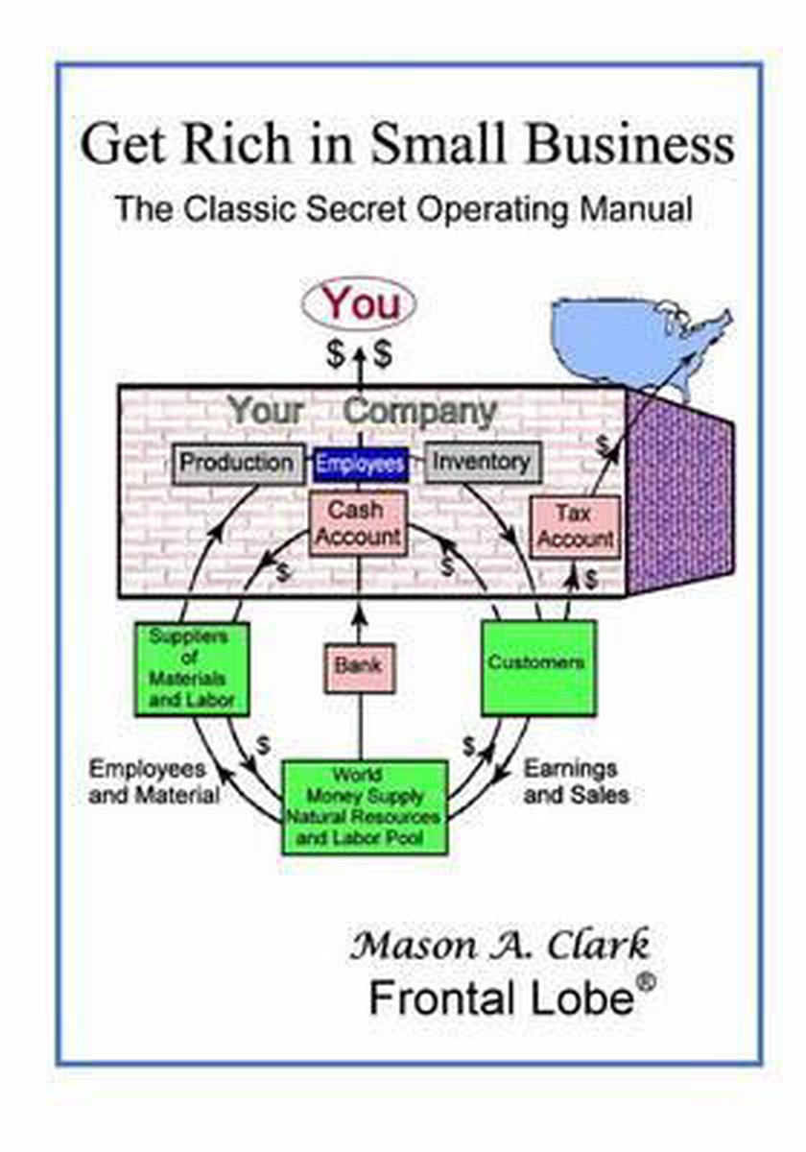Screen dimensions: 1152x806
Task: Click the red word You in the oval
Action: click(360, 305)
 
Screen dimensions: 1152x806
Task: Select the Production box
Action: click(236, 463)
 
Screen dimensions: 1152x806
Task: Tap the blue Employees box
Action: click(361, 465)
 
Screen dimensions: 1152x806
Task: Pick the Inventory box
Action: click(481, 463)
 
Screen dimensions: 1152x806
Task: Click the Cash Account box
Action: click(358, 523)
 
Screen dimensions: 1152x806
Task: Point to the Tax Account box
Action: click(574, 526)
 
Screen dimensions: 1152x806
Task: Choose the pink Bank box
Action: click(358, 662)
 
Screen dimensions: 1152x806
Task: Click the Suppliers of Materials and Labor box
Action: click(193, 667)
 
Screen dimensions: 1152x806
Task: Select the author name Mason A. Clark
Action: click(500, 946)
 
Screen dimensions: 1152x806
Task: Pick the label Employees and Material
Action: click(154, 781)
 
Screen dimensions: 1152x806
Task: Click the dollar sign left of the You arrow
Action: click(335, 353)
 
